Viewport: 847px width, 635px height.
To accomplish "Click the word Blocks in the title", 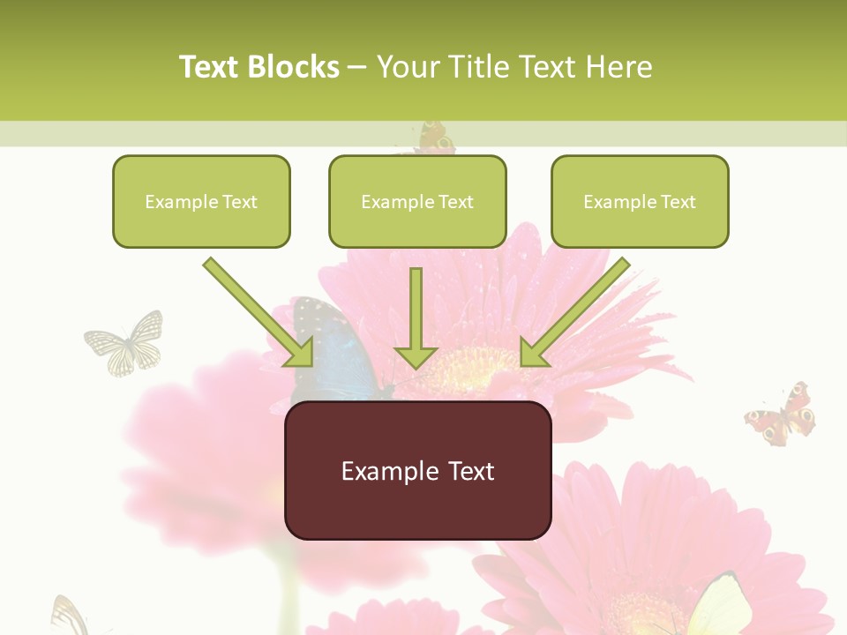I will pyautogui.click(x=294, y=66).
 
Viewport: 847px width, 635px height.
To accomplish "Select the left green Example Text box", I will pyautogui.click(x=201, y=201).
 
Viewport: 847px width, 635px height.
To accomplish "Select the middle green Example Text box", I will pyautogui.click(x=417, y=201).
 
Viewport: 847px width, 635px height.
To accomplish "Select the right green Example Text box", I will pyautogui.click(x=640, y=201).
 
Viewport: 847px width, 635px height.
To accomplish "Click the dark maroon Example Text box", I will pyautogui.click(x=417, y=470).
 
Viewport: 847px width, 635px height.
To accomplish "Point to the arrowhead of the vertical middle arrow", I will pyautogui.click(x=416, y=357).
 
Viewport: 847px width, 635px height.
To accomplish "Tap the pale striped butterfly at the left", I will pyautogui.click(x=126, y=343).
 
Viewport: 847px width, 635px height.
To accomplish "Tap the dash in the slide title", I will pyautogui.click(x=357, y=67).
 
